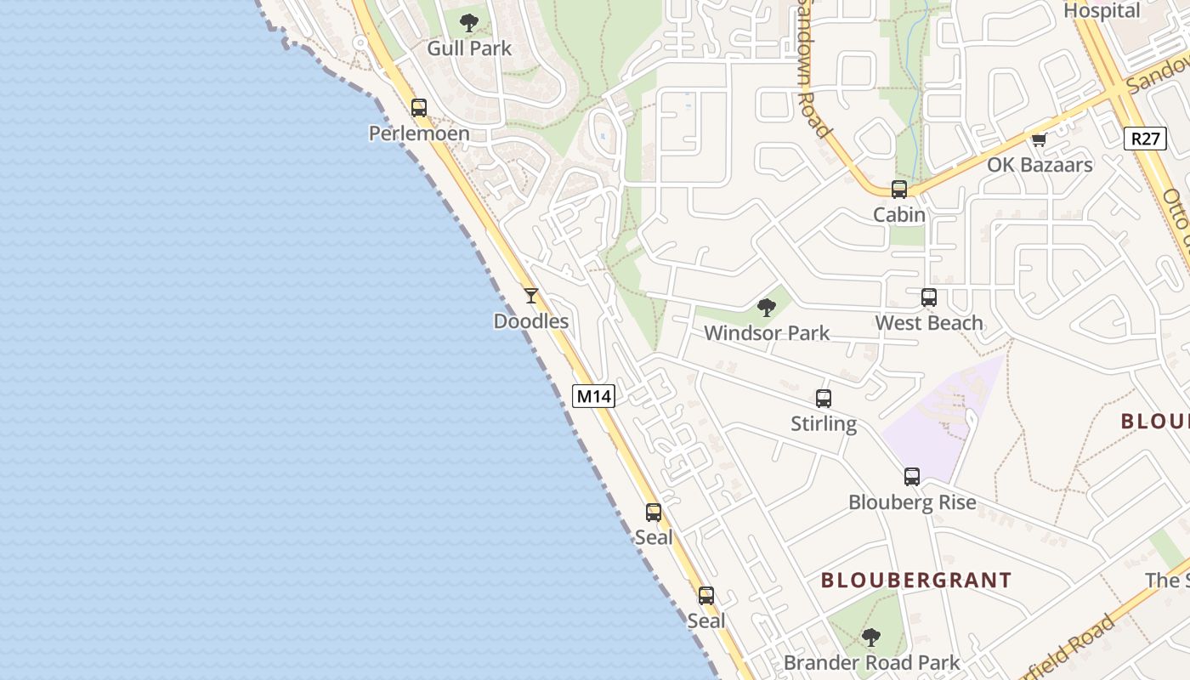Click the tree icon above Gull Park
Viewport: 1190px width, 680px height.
click(x=468, y=23)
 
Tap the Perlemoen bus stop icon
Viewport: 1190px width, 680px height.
click(x=419, y=108)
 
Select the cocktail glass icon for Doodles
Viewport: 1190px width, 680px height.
click(x=531, y=296)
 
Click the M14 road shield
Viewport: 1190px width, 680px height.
click(x=593, y=396)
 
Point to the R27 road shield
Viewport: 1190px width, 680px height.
click(x=1144, y=139)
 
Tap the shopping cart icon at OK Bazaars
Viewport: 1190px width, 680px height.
click(x=1038, y=139)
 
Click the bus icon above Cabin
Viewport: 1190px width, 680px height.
click(x=899, y=190)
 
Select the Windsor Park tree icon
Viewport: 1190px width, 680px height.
click(x=766, y=308)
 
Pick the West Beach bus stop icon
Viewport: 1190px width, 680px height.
click(x=929, y=297)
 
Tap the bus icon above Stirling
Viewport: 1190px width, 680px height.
click(x=823, y=398)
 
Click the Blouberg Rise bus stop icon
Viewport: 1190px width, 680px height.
click(x=912, y=477)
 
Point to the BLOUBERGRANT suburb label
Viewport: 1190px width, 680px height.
click(x=916, y=581)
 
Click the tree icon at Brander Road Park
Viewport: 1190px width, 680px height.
click(x=870, y=637)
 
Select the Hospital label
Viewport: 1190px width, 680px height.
click(x=1102, y=11)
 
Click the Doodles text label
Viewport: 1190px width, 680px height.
click(x=531, y=321)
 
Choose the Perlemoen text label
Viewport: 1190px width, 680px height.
click(x=419, y=133)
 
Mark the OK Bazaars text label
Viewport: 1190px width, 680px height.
click(x=1040, y=165)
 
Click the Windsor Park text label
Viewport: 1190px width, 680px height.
click(x=766, y=333)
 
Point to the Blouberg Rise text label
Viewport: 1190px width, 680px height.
click(x=912, y=502)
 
